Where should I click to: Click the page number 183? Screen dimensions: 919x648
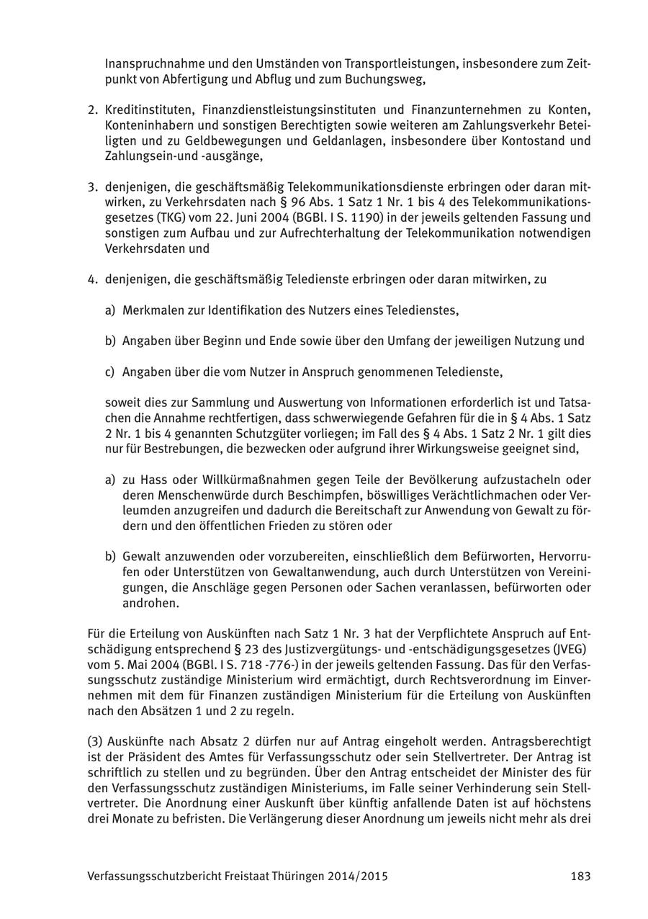pyautogui.click(x=580, y=877)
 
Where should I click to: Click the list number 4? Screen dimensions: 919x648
pyautogui.click(x=91, y=279)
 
